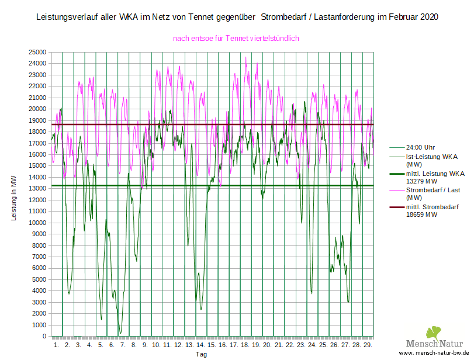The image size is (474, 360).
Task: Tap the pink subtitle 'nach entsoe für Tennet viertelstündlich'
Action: tap(236, 39)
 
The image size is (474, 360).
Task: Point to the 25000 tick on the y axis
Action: tap(38, 52)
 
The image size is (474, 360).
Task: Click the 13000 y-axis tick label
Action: tap(38, 189)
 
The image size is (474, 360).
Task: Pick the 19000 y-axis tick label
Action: tap(38, 120)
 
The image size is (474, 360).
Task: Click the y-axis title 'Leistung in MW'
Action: tap(13, 198)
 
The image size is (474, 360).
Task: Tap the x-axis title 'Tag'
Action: tap(201, 354)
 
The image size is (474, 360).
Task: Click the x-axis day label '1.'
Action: tap(57, 345)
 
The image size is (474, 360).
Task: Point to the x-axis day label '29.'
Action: tap(368, 345)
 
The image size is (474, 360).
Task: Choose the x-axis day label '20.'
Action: tap(267, 345)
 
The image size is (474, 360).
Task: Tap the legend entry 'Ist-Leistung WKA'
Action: tap(431, 157)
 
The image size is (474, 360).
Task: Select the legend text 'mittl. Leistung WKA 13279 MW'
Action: tap(435, 177)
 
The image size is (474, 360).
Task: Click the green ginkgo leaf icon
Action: tap(433, 333)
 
